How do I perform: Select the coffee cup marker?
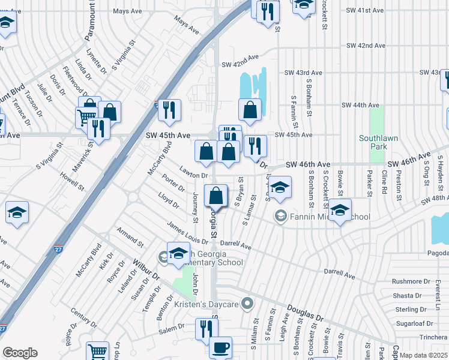(x=220, y=347)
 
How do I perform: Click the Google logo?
(x=20, y=353)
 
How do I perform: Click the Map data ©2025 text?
(x=424, y=355)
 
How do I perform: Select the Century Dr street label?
(x=83, y=314)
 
